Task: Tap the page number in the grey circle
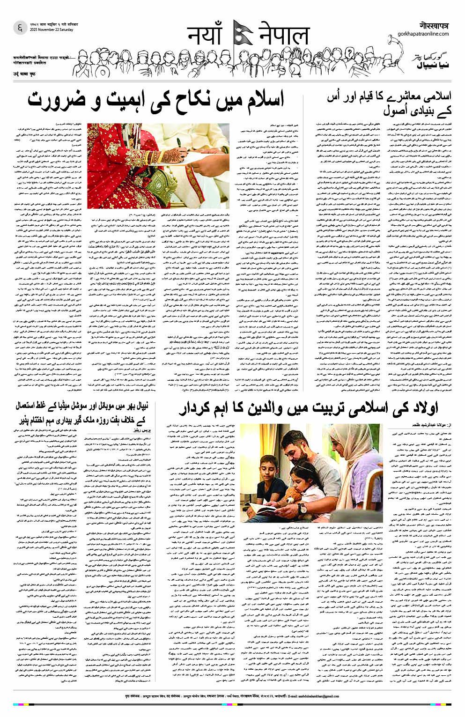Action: (20, 28)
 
